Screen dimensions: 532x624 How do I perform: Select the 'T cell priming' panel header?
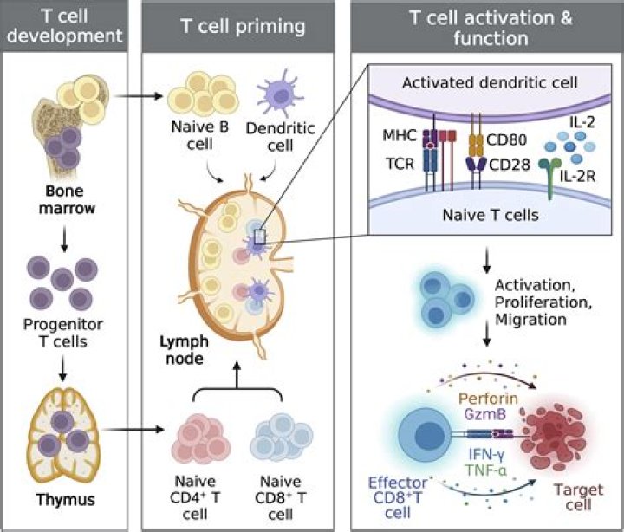[x=245, y=27]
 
